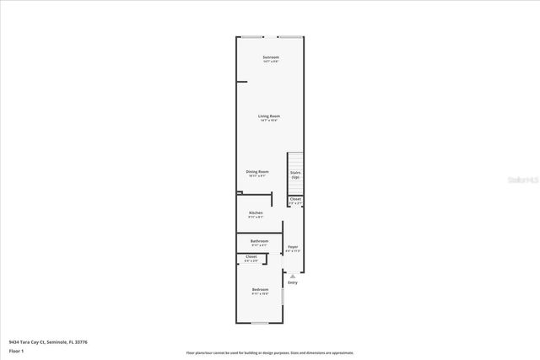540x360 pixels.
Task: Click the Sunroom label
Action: coord(270,58)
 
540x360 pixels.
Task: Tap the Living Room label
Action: coord(269,117)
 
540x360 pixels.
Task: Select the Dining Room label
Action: coord(257,173)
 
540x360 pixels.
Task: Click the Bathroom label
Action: coord(259,242)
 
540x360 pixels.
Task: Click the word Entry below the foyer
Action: coord(293,282)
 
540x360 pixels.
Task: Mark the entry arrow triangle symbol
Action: coord(293,276)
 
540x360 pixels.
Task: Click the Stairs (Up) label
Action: coord(295,175)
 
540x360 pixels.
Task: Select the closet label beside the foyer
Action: coord(295,201)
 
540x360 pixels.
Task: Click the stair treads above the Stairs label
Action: coord(295,160)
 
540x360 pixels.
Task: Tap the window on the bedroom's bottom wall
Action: coord(261,323)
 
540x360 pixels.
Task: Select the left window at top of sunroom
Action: coord(251,37)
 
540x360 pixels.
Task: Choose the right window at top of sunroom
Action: coord(289,37)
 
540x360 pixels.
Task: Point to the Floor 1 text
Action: coord(17,350)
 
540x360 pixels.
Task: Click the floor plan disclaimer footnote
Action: coord(270,352)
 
